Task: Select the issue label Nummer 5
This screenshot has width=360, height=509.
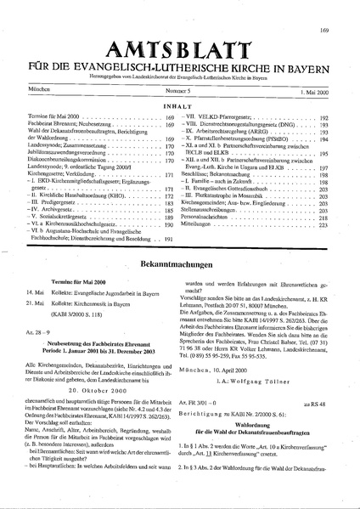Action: pyautogui.click(x=179, y=88)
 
